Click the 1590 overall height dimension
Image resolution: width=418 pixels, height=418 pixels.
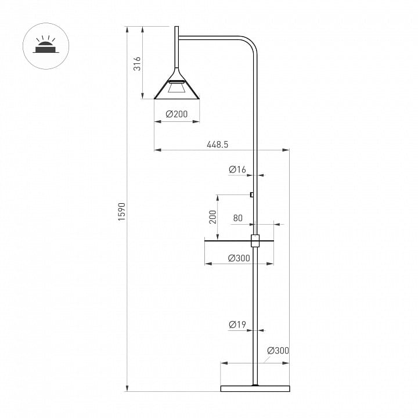pyautogui.click(x=122, y=212)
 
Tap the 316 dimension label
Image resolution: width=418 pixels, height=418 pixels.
pyautogui.click(x=137, y=63)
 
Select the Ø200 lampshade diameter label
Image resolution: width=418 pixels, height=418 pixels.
pyautogui.click(x=176, y=114)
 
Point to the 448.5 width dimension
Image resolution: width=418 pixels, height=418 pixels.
pyautogui.click(x=218, y=145)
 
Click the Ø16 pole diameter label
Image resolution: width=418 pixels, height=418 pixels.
pyautogui.click(x=237, y=170)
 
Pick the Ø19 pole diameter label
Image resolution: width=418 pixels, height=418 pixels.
pyautogui.click(x=237, y=325)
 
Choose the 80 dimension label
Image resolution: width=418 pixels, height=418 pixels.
pyautogui.click(x=238, y=218)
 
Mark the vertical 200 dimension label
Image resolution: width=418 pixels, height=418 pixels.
pyautogui.click(x=212, y=217)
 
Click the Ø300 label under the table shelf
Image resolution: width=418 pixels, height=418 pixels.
pyautogui.click(x=239, y=258)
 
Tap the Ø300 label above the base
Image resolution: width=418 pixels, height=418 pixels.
pyautogui.click(x=278, y=351)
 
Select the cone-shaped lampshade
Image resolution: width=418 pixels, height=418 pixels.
pyautogui.click(x=176, y=85)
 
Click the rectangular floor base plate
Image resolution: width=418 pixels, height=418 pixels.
pyautogui.click(x=255, y=388)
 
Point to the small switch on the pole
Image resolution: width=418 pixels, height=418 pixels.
pyautogui.click(x=251, y=194)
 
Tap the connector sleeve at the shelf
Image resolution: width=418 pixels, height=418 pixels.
pyautogui.click(x=255, y=241)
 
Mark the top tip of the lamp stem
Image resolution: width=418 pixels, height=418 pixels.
pyautogui.click(x=176, y=26)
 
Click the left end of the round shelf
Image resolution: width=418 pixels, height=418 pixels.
pyautogui.click(x=204, y=241)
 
